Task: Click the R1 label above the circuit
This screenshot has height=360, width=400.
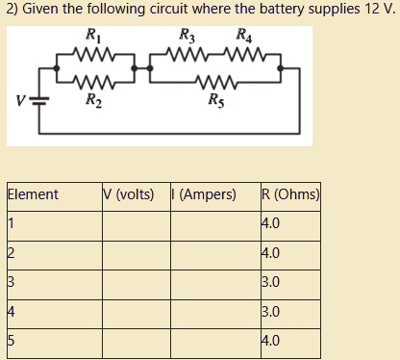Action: [x=93, y=36]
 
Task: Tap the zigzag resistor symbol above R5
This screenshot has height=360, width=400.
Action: [x=213, y=81]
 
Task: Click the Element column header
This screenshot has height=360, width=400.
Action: [x=33, y=194]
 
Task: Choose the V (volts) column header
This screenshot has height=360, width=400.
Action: [x=128, y=194]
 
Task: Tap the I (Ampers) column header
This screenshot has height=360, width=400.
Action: [x=205, y=194]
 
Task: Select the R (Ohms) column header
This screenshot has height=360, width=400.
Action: [x=289, y=194]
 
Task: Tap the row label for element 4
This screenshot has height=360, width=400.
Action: [x=11, y=312]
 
